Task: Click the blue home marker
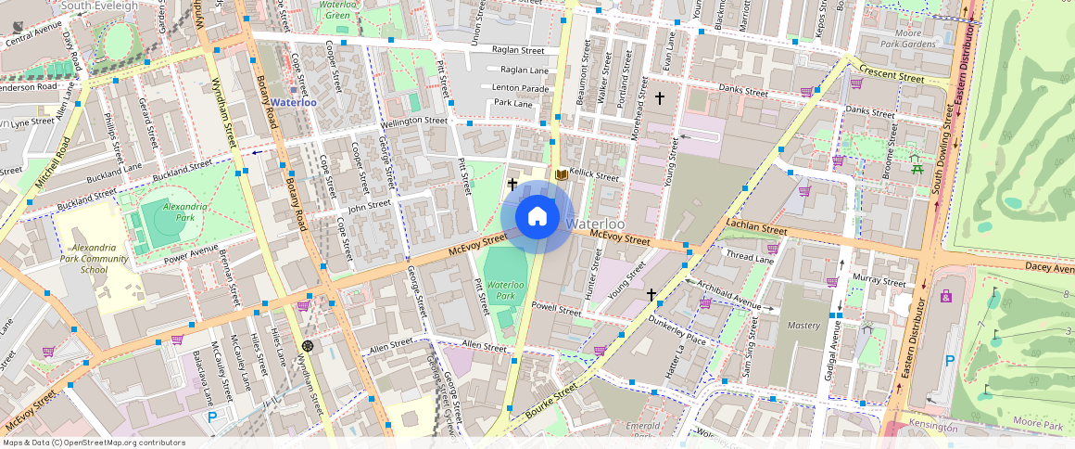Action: (537, 217)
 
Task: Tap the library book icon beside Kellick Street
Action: (560, 174)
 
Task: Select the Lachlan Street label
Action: (757, 228)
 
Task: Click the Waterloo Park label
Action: (506, 290)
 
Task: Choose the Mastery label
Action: (803, 326)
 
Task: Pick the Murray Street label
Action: (879, 280)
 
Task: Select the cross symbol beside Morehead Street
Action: (660, 97)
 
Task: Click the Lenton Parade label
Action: (520, 87)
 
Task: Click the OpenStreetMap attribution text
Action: (93, 443)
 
